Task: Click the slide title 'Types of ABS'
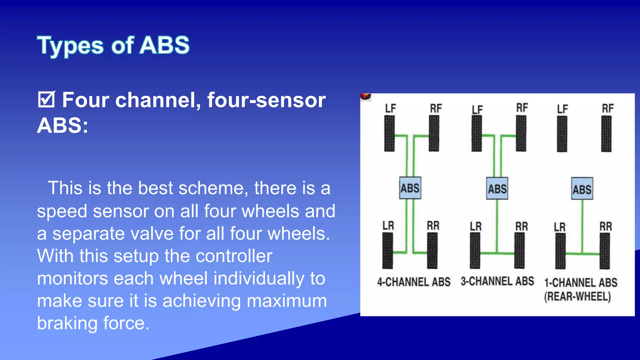click(113, 46)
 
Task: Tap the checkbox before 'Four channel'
click(47, 99)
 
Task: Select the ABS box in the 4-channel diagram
click(410, 188)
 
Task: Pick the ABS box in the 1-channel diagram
click(582, 189)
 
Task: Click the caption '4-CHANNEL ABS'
click(414, 282)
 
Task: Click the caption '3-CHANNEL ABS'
click(497, 281)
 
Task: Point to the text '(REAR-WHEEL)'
click(577, 296)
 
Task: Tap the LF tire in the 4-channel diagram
click(389, 133)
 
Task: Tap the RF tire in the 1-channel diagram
click(606, 134)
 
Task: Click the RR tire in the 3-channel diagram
click(519, 251)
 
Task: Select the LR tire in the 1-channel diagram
click(560, 251)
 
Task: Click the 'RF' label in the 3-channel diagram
click(522, 108)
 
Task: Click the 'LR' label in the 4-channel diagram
click(388, 225)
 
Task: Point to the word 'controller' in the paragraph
click(234, 256)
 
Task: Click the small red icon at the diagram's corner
click(365, 97)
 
